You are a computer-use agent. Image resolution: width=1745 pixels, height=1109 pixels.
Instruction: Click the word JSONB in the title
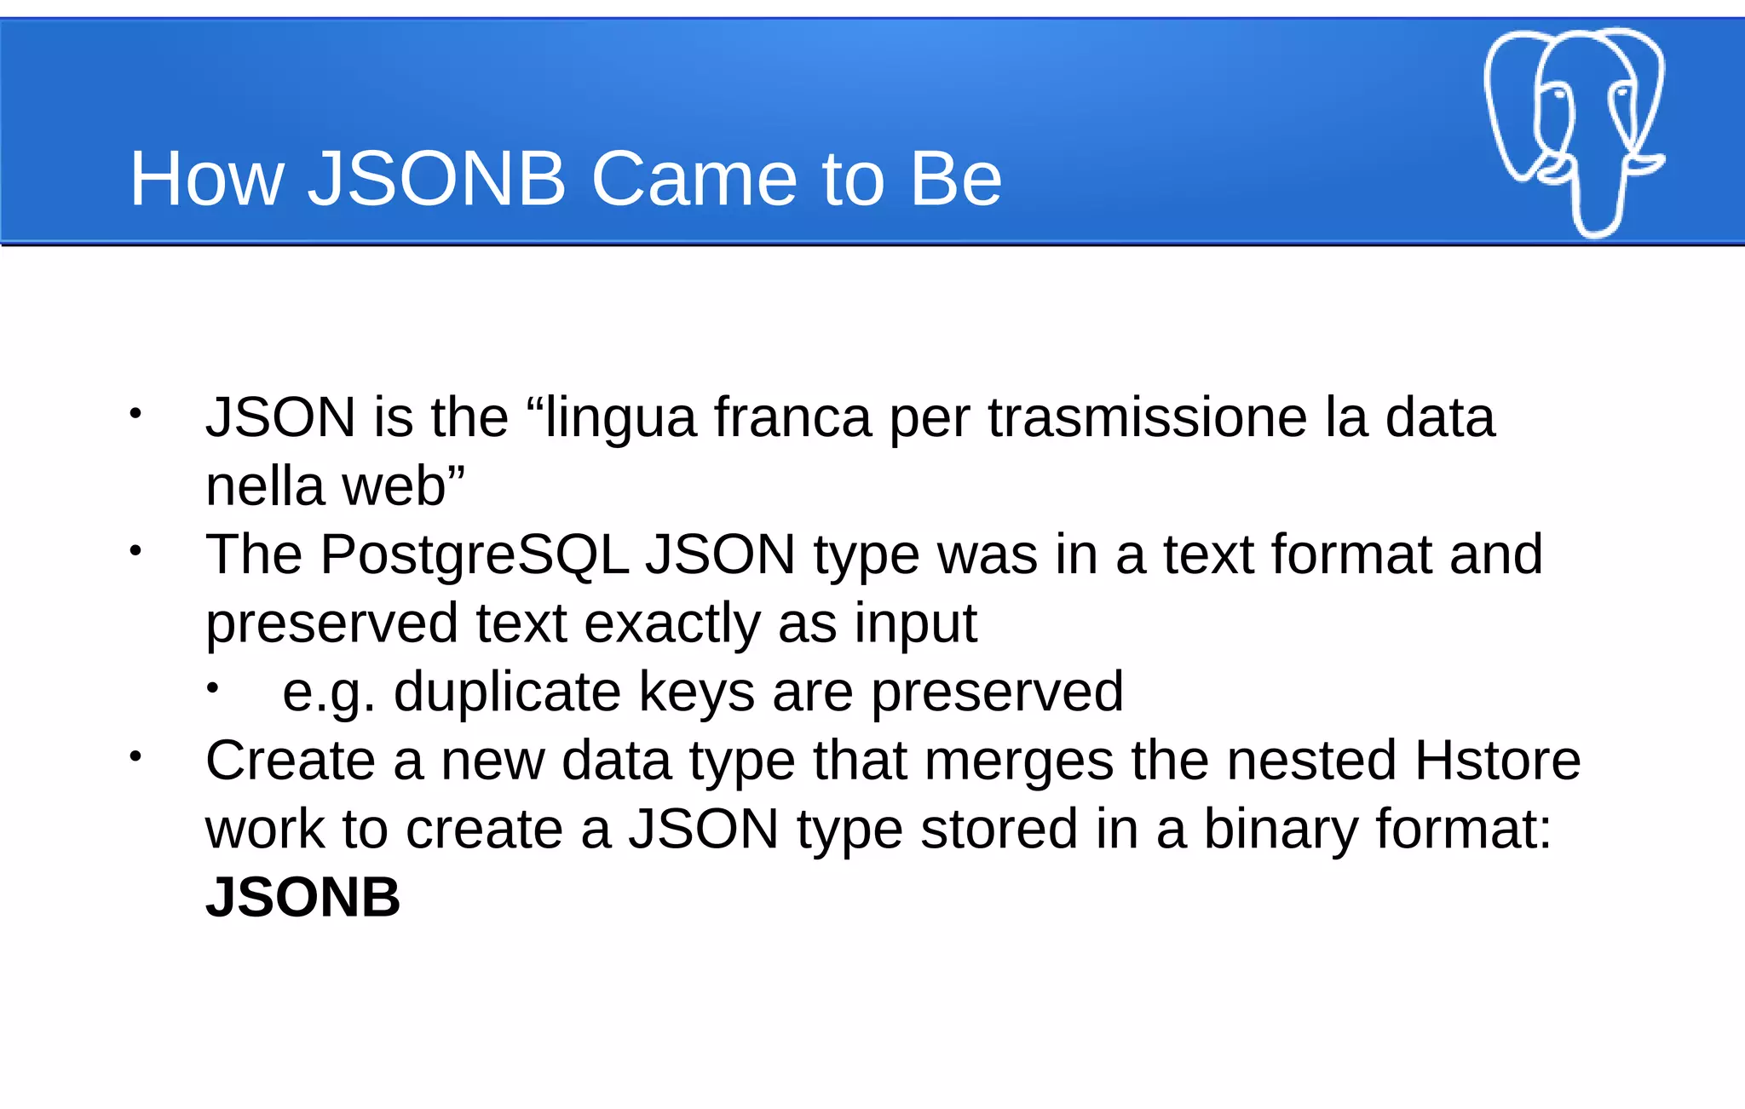[436, 179]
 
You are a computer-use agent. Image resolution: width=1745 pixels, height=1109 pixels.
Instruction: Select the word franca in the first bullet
[792, 417]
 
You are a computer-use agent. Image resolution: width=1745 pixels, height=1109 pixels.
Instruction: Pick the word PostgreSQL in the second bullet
[474, 555]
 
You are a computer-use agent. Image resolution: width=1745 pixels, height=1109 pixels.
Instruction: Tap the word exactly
[672, 623]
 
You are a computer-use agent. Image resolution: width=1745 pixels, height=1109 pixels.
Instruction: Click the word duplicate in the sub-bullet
[507, 692]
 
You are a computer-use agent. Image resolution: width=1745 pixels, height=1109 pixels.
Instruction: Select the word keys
[696, 692]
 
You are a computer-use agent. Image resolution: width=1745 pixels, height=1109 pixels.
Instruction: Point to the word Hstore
[1497, 760]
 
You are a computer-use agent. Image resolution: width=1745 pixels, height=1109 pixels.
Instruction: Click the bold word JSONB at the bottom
[302, 898]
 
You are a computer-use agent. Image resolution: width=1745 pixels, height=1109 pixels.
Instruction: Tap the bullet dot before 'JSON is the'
[135, 414]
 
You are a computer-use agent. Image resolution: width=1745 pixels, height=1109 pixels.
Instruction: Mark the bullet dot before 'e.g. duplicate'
[212, 687]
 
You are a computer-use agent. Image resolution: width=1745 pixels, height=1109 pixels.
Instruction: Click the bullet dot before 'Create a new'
[135, 756]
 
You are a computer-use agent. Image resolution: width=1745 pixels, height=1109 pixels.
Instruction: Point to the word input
[915, 623]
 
